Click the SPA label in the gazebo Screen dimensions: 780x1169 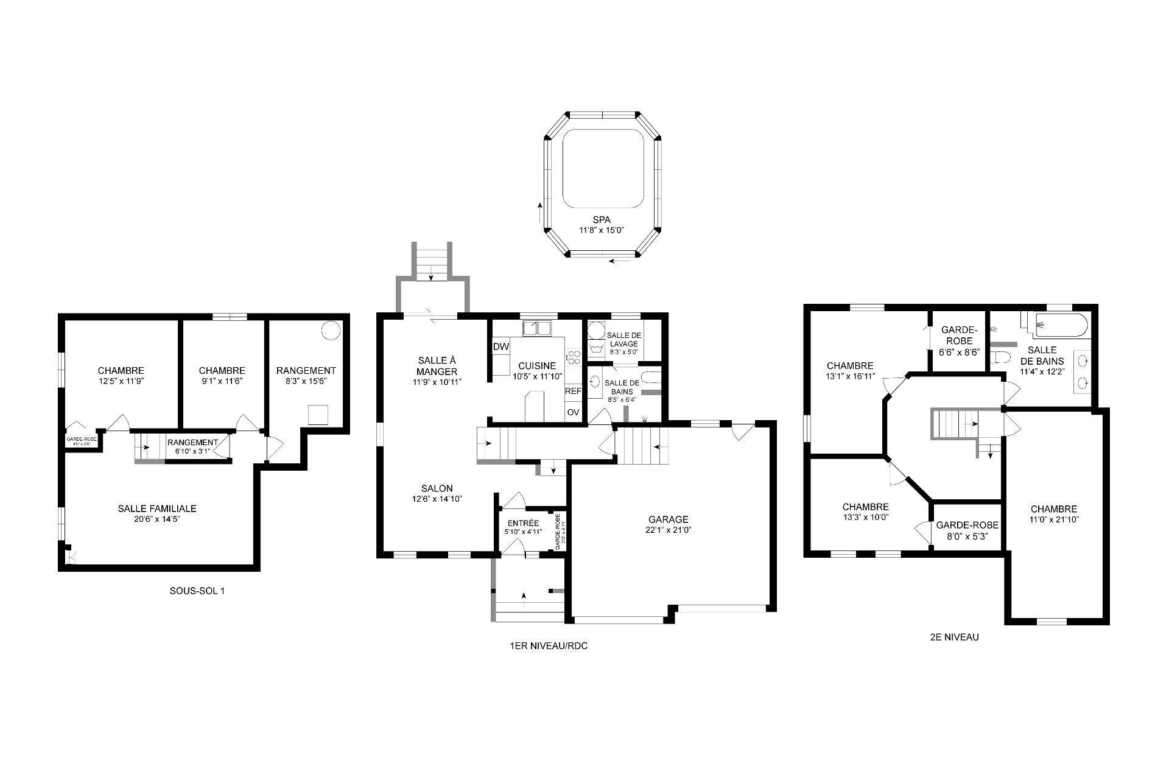602,220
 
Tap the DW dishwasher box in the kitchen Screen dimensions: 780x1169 500,346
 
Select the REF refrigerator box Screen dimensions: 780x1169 573,392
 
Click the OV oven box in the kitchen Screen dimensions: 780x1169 573,412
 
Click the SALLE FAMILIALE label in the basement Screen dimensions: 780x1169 157,508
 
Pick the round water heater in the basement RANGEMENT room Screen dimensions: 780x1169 331,329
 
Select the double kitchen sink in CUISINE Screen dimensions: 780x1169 536,329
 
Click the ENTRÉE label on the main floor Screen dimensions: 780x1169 523,523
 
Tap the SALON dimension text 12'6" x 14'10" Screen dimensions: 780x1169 437,499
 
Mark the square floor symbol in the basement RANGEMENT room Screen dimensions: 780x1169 318,415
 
